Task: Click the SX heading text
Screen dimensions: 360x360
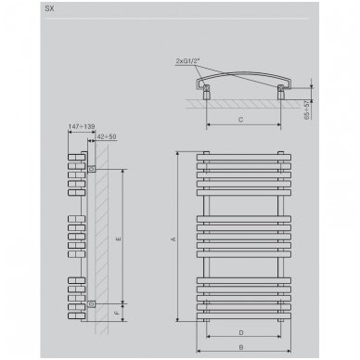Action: click(x=49, y=8)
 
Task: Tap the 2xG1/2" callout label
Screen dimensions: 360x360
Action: click(x=188, y=61)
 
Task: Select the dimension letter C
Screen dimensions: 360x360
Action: click(x=241, y=120)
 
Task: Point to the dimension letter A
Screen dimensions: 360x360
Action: click(x=174, y=238)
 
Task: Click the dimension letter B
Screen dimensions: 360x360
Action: click(x=241, y=347)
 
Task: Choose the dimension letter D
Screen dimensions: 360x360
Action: click(x=241, y=332)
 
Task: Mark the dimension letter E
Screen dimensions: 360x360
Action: click(x=118, y=238)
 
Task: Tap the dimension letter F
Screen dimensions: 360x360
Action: click(x=117, y=313)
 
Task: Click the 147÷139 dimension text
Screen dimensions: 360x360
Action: click(x=82, y=126)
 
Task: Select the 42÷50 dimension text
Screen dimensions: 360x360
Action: click(x=107, y=136)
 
